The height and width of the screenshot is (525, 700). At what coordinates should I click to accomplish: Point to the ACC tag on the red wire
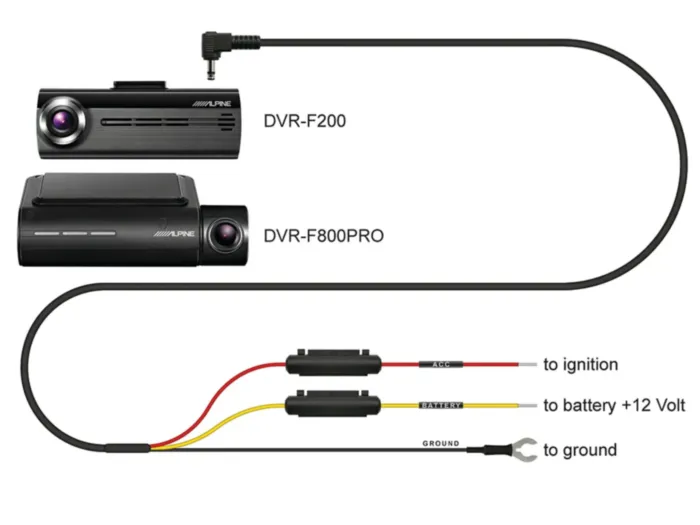(x=441, y=364)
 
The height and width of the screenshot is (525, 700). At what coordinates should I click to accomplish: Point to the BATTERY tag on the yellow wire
(x=441, y=405)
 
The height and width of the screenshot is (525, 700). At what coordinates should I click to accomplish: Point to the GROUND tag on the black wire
(x=440, y=443)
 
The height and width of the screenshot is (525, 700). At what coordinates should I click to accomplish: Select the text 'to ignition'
(x=580, y=365)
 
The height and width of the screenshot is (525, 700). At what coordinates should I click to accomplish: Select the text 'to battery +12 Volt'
(x=614, y=406)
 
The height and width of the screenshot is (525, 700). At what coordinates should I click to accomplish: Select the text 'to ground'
(x=580, y=450)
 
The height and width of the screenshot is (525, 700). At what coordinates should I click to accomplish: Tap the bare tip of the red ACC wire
(x=526, y=365)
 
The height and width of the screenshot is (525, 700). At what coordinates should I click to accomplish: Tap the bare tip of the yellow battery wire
(x=526, y=406)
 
